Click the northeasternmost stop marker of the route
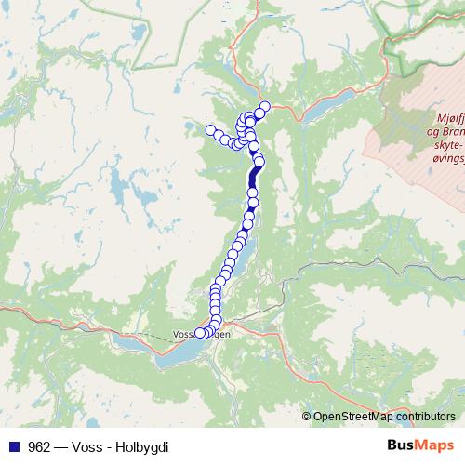pyautogui.click(x=264, y=107)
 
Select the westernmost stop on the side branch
pyautogui.click(x=210, y=130)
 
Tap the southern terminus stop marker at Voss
pyautogui.click(x=199, y=334)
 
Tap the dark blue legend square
pyautogui.click(x=14, y=445)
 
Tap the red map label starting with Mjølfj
pyautogui.click(x=449, y=118)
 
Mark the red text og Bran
pyautogui.click(x=447, y=132)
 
